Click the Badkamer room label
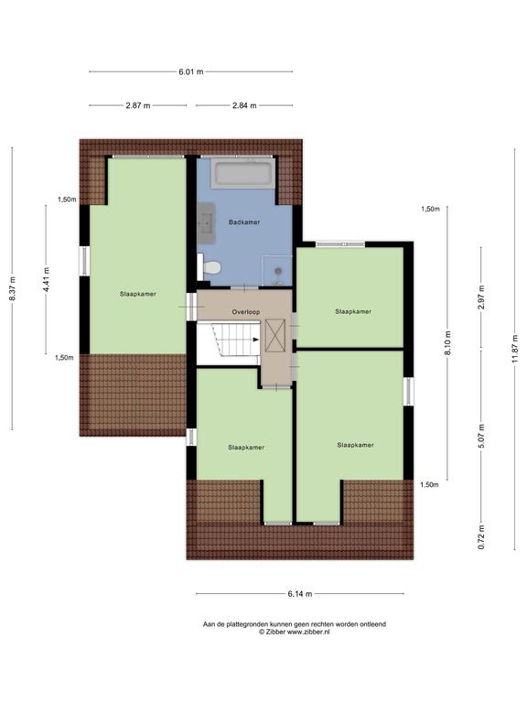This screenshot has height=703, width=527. (x=243, y=222)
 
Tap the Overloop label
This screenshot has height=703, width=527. (x=245, y=311)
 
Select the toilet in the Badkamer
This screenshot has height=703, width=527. (x=209, y=267)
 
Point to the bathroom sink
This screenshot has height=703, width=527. (x=206, y=219)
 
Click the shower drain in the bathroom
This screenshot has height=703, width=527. (x=278, y=271)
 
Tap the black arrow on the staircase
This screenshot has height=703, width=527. (x=256, y=340)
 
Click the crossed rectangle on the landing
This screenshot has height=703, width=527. (x=274, y=335)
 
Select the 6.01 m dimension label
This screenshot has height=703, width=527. (x=191, y=71)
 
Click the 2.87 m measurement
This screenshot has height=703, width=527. (x=138, y=105)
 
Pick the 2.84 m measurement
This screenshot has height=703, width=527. (x=244, y=105)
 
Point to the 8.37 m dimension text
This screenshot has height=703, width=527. (x=12, y=288)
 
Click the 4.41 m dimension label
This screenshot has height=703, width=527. (x=46, y=279)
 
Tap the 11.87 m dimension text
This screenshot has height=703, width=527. (x=514, y=350)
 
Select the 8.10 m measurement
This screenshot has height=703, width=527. (x=448, y=343)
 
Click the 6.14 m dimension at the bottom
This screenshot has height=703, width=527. (x=300, y=593)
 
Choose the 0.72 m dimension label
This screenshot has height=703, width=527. (x=481, y=537)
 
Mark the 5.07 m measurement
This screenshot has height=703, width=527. (x=481, y=436)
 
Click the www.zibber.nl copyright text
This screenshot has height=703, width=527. (x=295, y=632)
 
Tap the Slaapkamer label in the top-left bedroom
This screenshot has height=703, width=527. (x=138, y=294)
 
